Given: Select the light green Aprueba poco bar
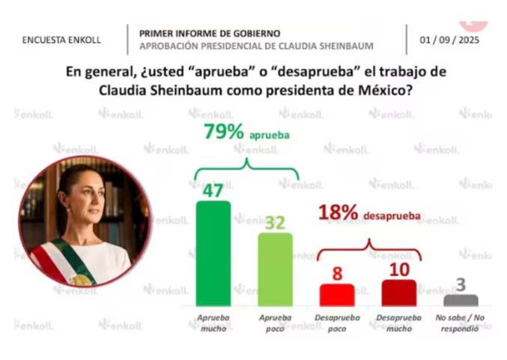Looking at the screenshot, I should [x=276, y=269].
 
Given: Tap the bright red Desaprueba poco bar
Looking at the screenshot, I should [x=336, y=295].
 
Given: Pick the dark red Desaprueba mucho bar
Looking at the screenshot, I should [x=398, y=293].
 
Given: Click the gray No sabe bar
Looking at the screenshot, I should [x=461, y=300].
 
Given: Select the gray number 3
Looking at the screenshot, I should [x=461, y=284].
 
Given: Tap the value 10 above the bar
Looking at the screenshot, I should [x=398, y=269].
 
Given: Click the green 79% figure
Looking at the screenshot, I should [x=224, y=132].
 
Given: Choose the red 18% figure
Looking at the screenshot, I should [x=338, y=213].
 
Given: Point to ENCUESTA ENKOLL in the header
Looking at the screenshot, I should [x=61, y=40].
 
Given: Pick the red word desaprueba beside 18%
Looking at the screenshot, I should [x=389, y=216].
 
